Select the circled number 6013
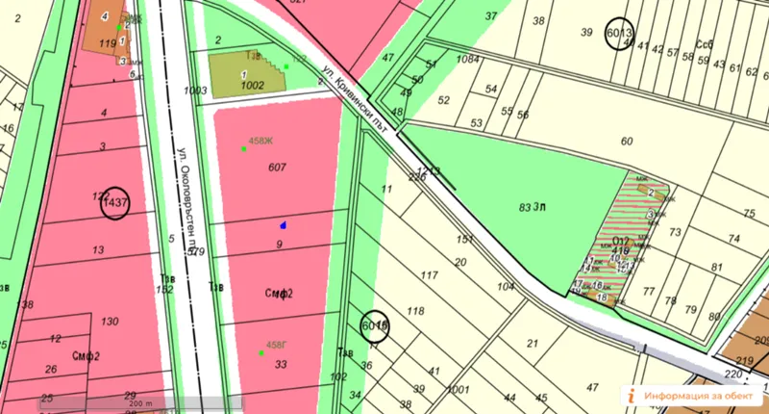click(x=620, y=34)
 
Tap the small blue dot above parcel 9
click(x=283, y=224)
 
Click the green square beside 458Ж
click(x=244, y=149)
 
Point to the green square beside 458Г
click(x=260, y=353)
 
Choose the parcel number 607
click(x=278, y=168)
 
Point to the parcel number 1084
click(x=468, y=60)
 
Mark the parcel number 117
click(x=429, y=275)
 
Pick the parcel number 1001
click(x=458, y=390)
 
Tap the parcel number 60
click(x=628, y=142)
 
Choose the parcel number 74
click(x=733, y=239)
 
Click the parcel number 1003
click(x=196, y=91)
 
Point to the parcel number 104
click(x=506, y=288)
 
